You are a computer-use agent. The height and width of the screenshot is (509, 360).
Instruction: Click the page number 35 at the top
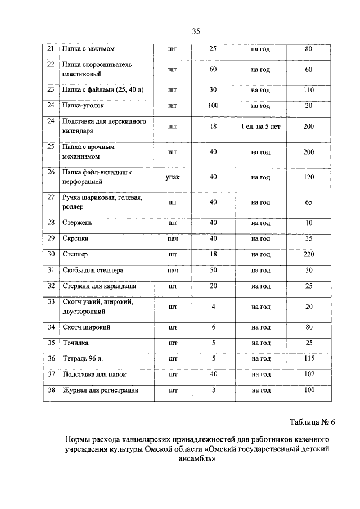196,31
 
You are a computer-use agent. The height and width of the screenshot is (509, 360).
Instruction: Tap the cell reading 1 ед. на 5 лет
260,127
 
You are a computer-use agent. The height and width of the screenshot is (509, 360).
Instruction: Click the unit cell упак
172,177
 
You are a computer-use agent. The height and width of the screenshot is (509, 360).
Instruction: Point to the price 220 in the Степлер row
308,254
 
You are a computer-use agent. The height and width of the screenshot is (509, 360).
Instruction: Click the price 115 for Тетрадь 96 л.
308,358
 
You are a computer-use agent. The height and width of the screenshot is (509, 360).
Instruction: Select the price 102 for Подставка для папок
308,374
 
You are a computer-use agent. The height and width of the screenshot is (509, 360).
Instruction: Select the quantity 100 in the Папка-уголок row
213,105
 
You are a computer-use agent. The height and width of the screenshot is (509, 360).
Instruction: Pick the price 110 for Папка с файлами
308,89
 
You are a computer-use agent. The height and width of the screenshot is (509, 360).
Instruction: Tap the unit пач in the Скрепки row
172,238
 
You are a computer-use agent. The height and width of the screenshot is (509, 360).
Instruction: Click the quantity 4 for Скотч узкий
213,307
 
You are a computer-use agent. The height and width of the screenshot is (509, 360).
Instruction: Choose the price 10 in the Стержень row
308,223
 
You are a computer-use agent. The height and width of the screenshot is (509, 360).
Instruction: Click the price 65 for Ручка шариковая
308,202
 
